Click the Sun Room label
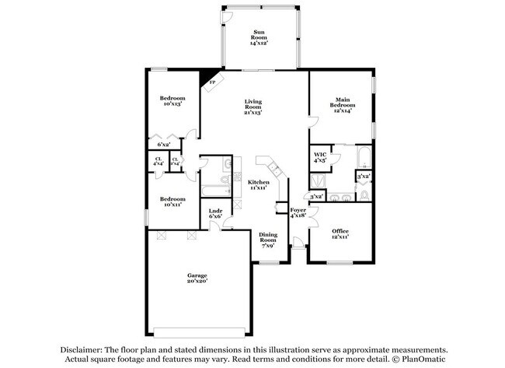[258, 37]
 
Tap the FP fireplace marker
[212, 81]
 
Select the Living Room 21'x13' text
[253, 107]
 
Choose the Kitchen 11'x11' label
[259, 185]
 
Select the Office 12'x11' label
[340, 233]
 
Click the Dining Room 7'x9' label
[267, 240]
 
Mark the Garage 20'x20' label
[197, 279]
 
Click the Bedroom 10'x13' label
[172, 101]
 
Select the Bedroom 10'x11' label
[172, 202]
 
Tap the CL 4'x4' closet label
[158, 162]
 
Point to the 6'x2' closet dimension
[164, 145]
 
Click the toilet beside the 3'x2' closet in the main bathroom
[364, 196]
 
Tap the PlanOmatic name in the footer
[423, 359]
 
